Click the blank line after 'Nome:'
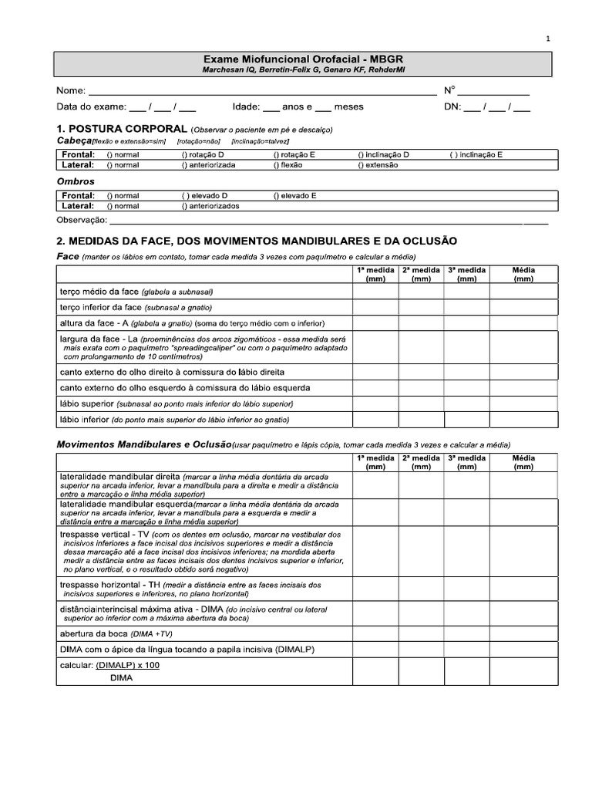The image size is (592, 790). click(262, 91)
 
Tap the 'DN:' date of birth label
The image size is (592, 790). click(452, 106)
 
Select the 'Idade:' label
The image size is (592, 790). click(245, 106)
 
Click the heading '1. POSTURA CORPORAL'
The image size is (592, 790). click(121, 128)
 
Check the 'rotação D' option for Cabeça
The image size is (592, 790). click(203, 154)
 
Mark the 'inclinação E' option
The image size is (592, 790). click(476, 154)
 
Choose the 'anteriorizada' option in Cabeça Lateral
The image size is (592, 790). click(209, 164)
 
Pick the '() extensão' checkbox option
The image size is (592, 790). click(378, 164)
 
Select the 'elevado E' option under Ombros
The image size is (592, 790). click(295, 196)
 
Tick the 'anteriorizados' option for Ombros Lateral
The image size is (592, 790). click(210, 206)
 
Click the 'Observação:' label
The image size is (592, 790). click(82, 220)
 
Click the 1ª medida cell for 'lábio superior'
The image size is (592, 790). click(375, 403)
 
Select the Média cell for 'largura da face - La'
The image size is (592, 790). click(523, 347)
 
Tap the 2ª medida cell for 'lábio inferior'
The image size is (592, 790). click(421, 420)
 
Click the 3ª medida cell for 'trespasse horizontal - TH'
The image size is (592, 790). click(466, 589)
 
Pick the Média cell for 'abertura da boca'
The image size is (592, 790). click(523, 633)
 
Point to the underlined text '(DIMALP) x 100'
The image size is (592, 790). click(128, 665)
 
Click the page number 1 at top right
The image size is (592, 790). click(548, 38)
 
